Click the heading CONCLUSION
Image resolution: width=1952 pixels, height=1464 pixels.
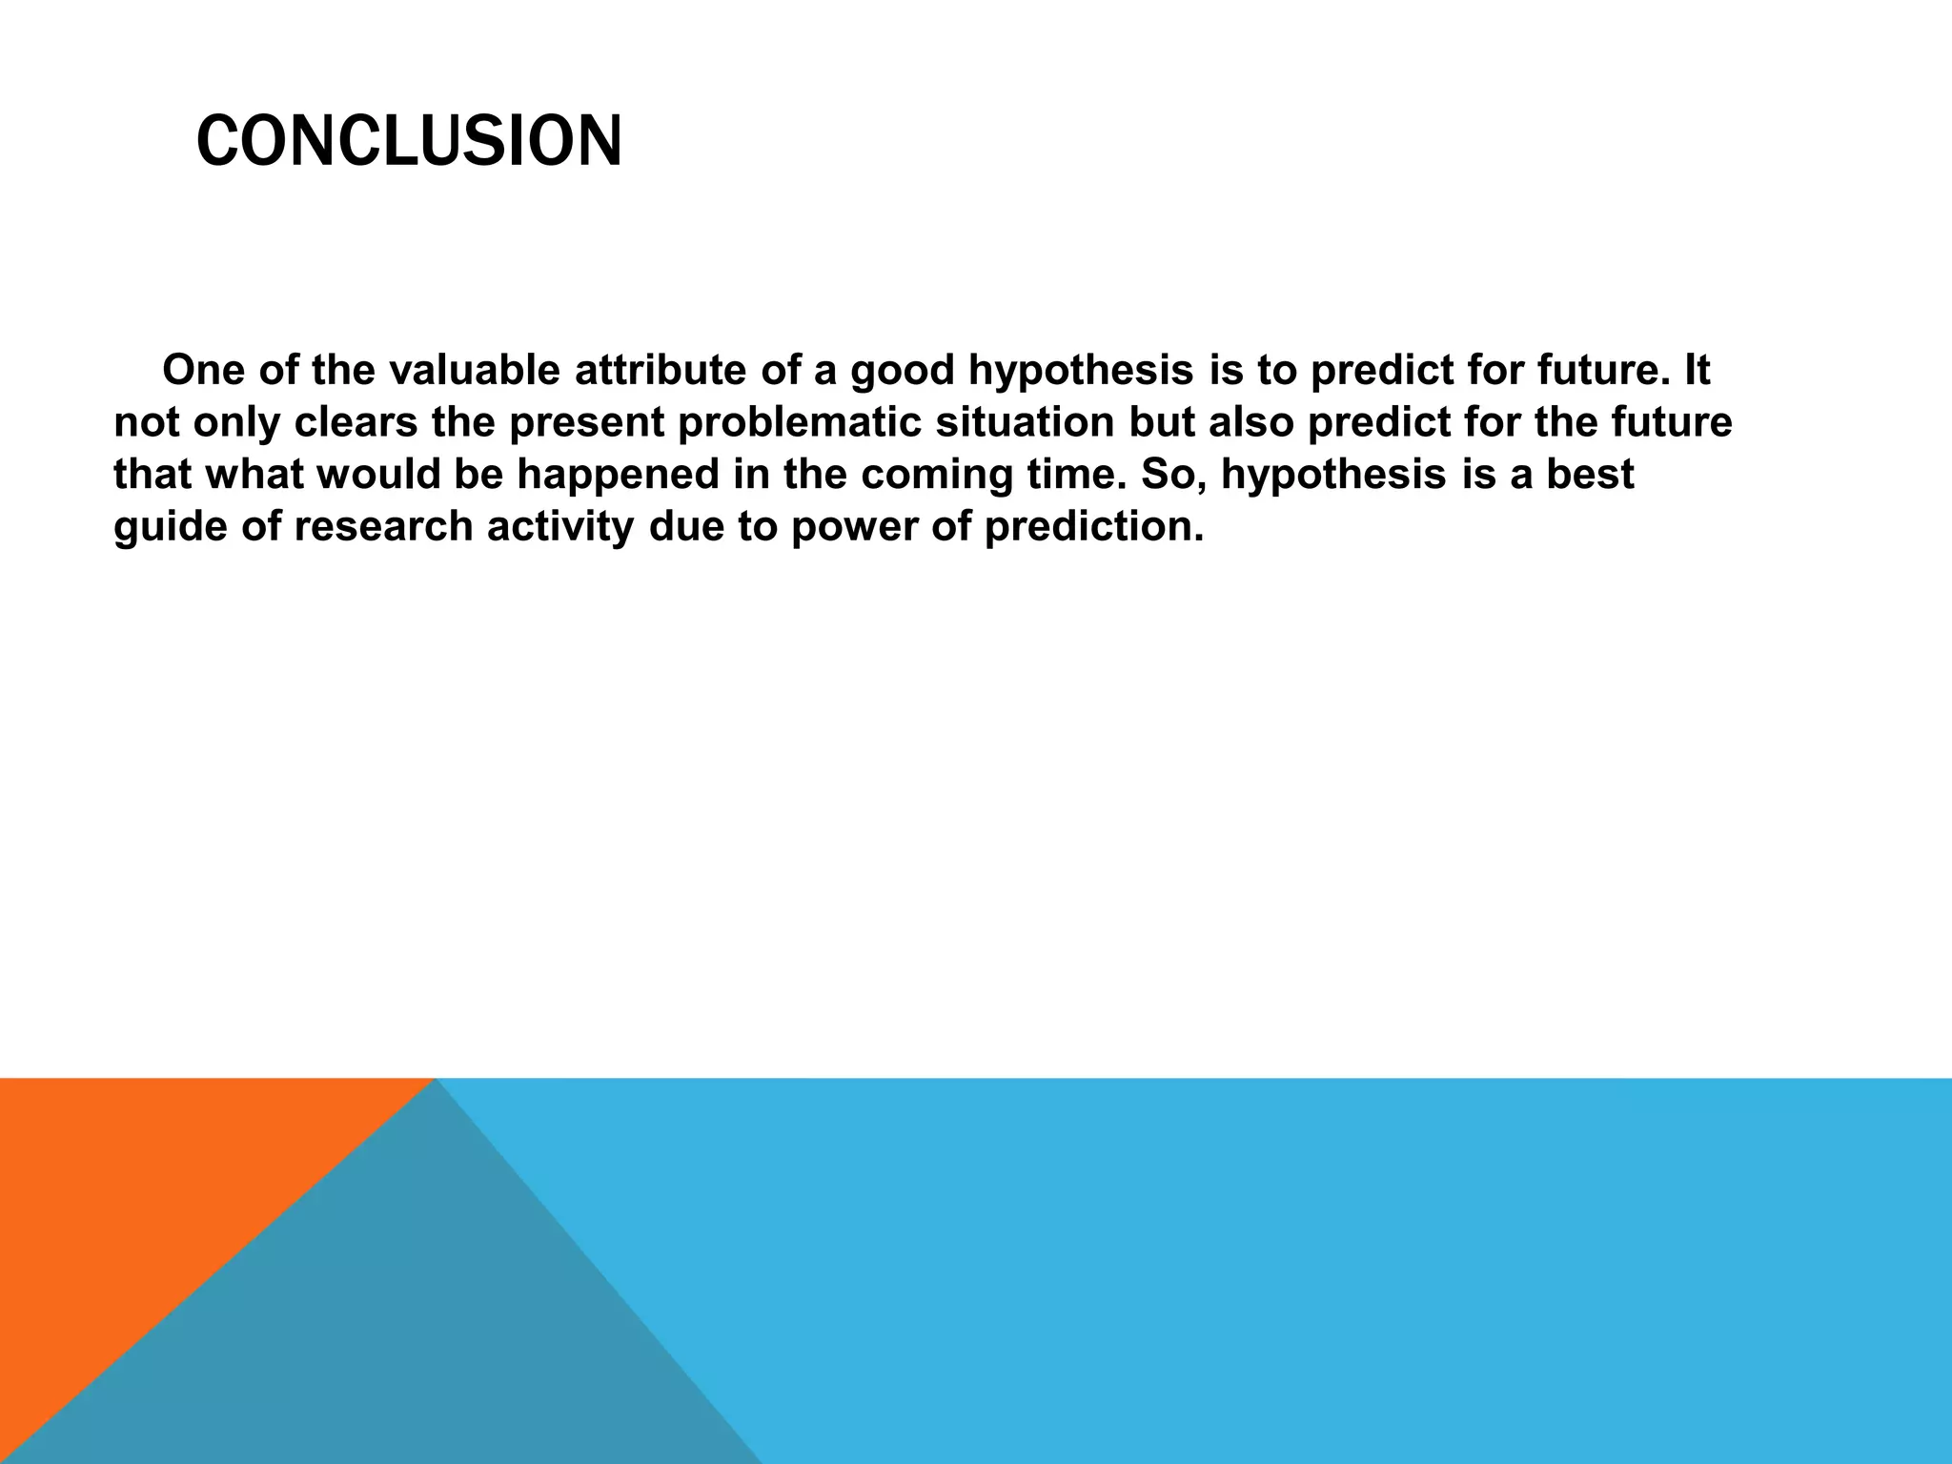(409, 141)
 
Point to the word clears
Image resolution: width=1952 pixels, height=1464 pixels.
(356, 422)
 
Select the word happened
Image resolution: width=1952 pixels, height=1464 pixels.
(618, 475)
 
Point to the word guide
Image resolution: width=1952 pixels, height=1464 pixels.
(169, 527)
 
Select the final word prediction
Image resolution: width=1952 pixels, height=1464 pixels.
(1093, 527)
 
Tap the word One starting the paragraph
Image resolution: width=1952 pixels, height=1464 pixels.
(202, 370)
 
